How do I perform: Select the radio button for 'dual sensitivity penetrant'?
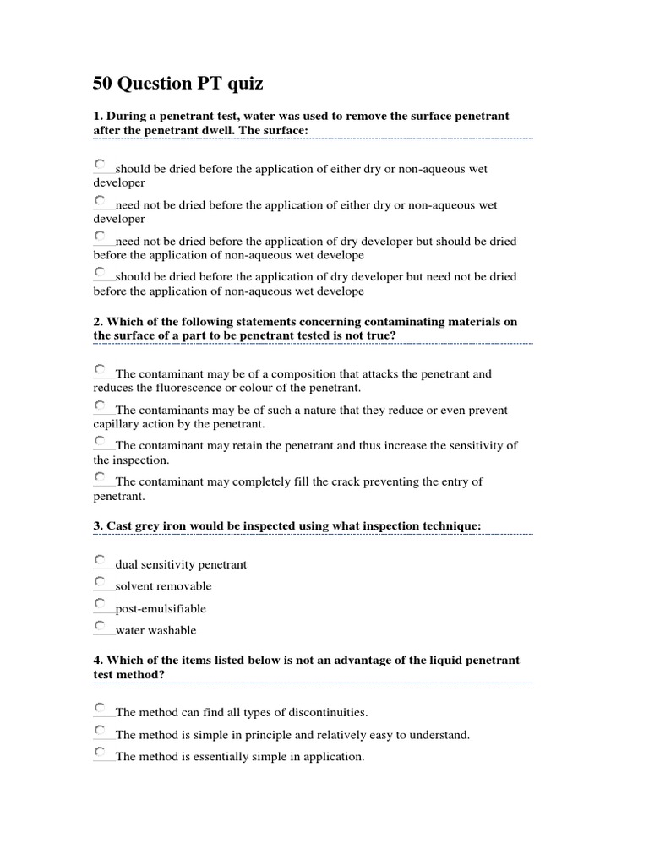[101, 560]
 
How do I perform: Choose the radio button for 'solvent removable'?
[101, 582]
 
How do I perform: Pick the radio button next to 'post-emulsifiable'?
[101, 604]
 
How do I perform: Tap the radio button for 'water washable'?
[101, 626]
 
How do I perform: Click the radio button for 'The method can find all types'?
[101, 708]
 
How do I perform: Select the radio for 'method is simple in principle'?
[101, 730]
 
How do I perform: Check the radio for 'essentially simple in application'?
[101, 752]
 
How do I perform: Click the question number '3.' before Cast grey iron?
[98, 526]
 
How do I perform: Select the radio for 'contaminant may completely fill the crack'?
[101, 478]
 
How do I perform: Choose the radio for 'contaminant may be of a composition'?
[101, 369]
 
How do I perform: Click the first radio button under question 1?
[101, 164]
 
